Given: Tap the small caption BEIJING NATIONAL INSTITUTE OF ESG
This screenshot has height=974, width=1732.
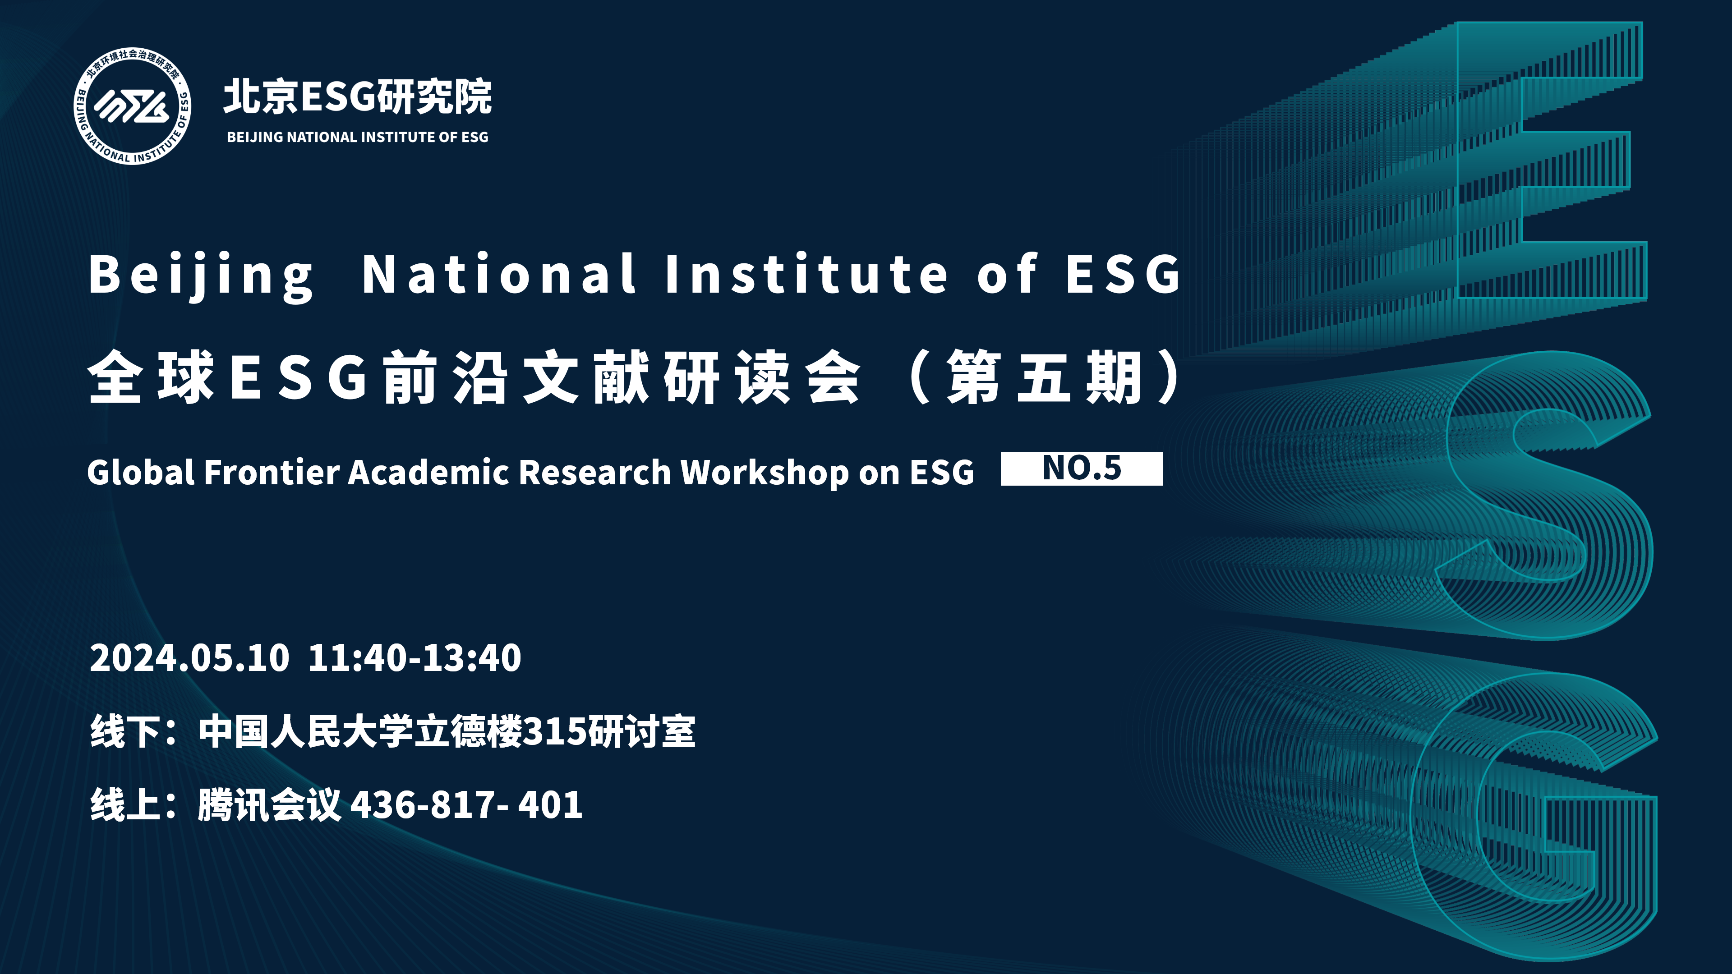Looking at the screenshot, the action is (x=358, y=137).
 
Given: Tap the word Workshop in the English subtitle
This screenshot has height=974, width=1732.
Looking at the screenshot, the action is (x=765, y=473).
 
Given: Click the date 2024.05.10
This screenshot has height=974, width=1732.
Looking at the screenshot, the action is (x=189, y=657).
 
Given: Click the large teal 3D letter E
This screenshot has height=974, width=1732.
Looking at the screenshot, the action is (x=1479, y=161).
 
